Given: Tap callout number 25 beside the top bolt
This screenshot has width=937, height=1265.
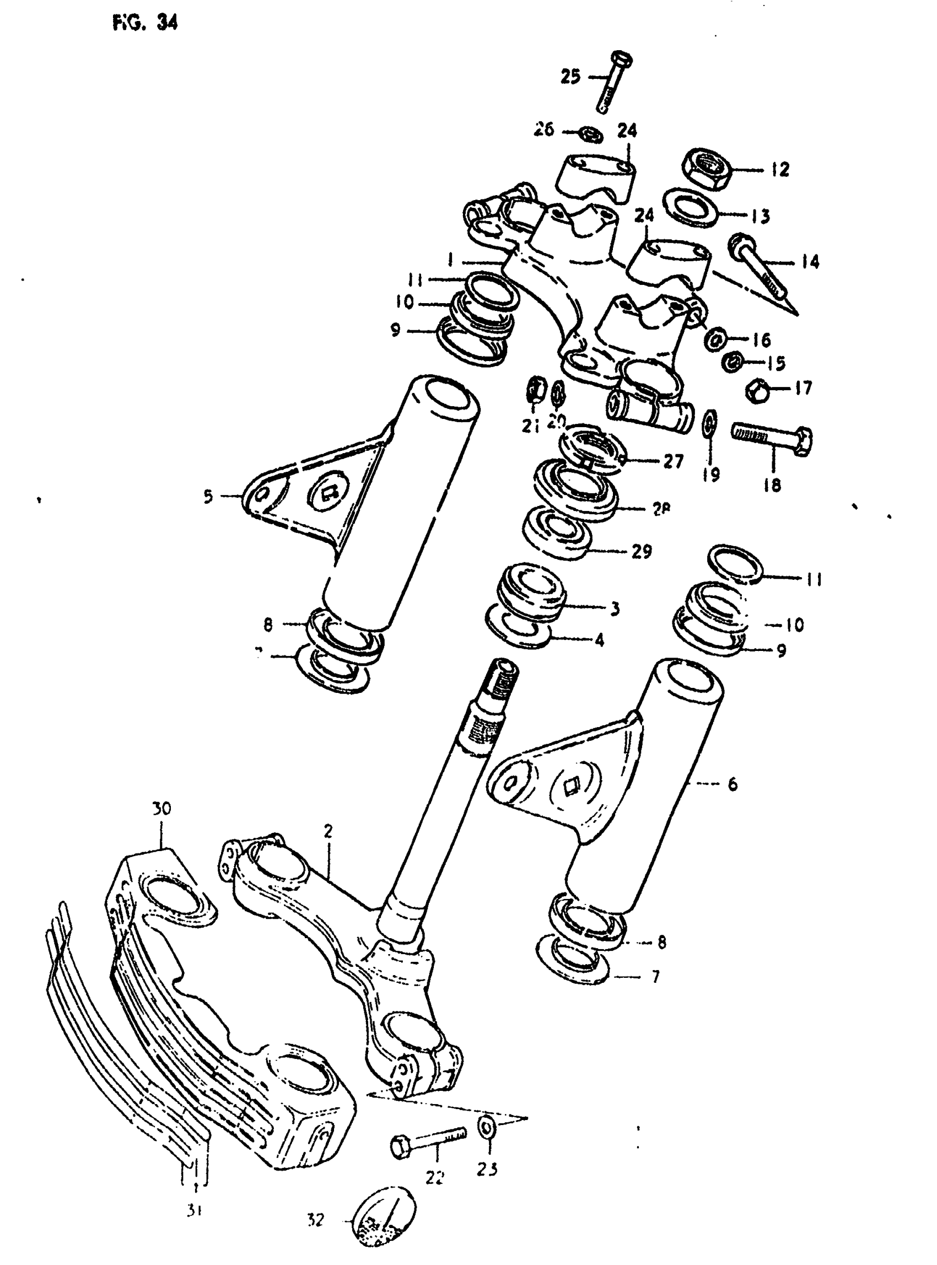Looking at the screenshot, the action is (x=571, y=76).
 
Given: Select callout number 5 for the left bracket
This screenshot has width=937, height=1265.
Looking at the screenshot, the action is (x=208, y=497).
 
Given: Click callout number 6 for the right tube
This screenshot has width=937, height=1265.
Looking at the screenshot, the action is (x=733, y=784).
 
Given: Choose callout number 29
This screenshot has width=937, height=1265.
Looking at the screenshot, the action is (x=642, y=551).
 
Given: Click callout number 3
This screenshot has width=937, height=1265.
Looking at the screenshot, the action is (x=615, y=609).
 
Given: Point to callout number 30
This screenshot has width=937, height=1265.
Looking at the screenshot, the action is (x=161, y=809).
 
